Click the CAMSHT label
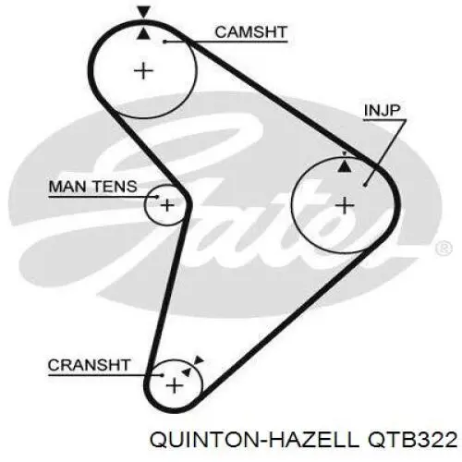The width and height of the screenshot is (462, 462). [250, 32]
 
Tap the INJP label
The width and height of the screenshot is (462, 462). [382, 110]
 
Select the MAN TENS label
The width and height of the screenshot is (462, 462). [92, 187]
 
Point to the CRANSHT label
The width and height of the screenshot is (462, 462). [89, 365]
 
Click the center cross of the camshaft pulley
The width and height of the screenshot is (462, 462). [143, 71]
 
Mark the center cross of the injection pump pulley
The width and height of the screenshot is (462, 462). [345, 205]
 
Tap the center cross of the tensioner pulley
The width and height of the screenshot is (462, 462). [167, 205]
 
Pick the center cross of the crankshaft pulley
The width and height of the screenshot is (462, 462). [175, 385]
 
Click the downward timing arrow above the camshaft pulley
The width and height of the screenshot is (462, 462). [144, 12]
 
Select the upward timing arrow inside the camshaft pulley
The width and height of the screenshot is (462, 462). [143, 33]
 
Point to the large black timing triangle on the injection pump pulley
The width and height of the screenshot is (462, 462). [345, 165]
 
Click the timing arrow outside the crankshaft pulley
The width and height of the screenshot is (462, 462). [199, 360]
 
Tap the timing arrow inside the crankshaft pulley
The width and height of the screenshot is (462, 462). [187, 371]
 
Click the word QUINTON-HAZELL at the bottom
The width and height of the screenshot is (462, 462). [254, 440]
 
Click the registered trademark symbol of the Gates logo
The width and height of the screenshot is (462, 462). [444, 249]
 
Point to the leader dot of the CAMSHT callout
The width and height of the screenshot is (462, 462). [164, 42]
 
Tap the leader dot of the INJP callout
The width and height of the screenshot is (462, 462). [365, 185]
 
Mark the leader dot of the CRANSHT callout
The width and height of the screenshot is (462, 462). [162, 375]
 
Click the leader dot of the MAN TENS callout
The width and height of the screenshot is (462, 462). [157, 196]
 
